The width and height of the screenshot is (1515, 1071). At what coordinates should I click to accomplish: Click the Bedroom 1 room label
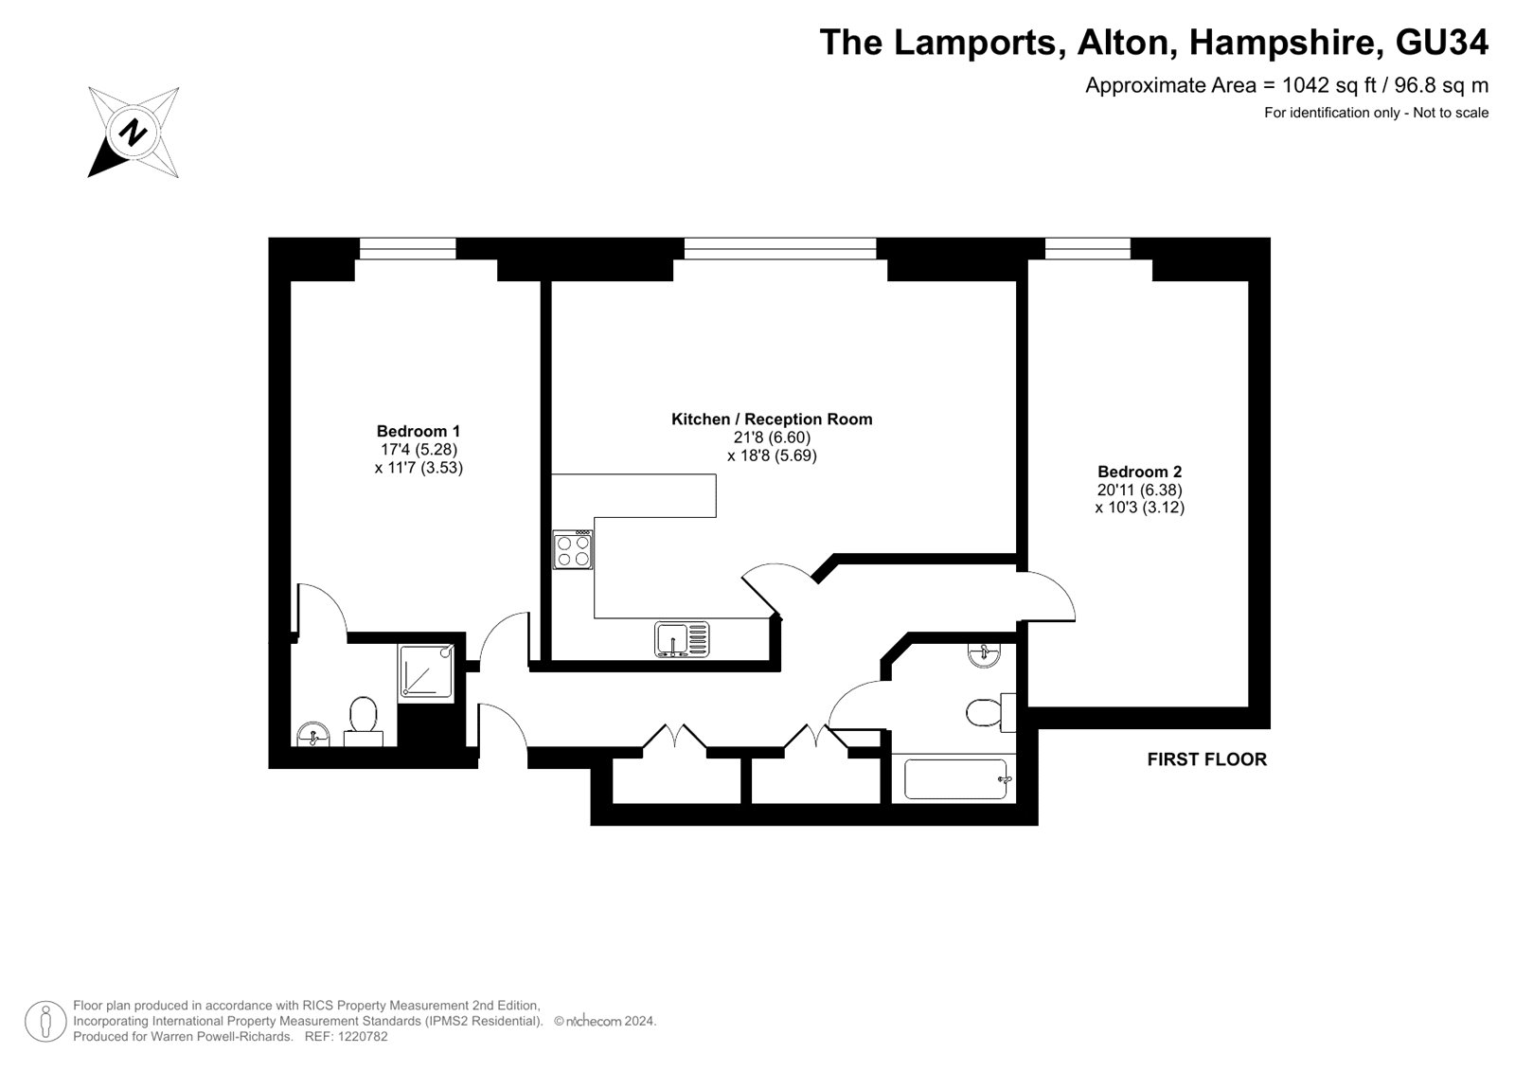418,431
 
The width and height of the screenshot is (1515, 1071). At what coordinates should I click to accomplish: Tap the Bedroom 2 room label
1139,472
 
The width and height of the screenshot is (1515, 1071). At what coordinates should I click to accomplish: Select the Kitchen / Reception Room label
772,419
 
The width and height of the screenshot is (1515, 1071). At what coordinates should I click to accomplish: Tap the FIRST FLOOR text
1206,759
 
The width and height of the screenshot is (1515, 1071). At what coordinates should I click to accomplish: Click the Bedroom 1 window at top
407,248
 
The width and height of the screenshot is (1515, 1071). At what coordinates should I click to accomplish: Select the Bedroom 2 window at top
1088,248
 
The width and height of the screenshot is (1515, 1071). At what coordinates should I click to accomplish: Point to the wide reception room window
780,248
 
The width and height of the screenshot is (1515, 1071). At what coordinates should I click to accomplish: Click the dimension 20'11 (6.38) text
1139,490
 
